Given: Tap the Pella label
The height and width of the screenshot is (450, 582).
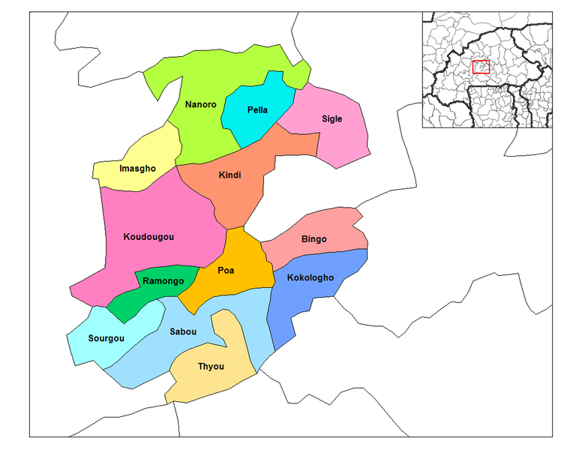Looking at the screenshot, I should click(x=257, y=110).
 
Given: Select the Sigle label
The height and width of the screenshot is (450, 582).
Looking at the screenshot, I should click(x=331, y=118).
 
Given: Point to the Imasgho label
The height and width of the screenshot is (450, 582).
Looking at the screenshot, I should click(x=138, y=169).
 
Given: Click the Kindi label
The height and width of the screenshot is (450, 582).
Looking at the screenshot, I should click(x=229, y=175).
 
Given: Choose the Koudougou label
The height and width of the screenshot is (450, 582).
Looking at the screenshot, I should click(x=148, y=237).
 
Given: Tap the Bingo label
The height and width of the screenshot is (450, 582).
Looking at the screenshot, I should click(x=314, y=239).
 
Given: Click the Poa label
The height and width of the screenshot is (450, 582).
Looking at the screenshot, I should click(x=226, y=271).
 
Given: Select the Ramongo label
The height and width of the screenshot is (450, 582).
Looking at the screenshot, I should click(x=163, y=281).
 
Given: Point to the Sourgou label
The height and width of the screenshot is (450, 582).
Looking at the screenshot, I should click(x=106, y=338).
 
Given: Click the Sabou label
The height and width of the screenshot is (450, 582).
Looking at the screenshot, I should click(x=184, y=331).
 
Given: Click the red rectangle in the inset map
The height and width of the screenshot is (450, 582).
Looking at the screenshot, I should click(x=481, y=67).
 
